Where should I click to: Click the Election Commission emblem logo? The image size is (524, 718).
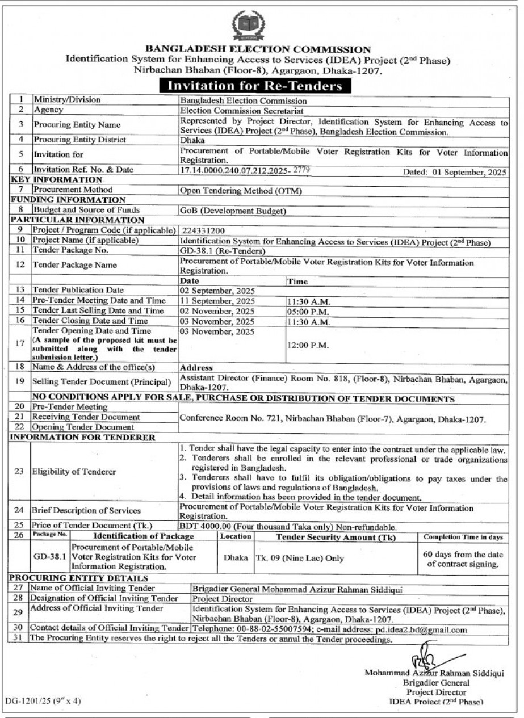tap(248, 26)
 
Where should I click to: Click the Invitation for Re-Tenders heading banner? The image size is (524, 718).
tap(255, 86)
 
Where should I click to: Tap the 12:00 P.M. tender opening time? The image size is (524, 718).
tap(307, 345)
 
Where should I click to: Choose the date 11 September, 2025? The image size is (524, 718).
tap(217, 301)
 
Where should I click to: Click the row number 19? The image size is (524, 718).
tap(20, 381)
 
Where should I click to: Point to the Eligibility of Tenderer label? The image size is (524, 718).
tap(74, 471)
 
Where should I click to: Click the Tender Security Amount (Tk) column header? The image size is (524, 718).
tap(336, 537)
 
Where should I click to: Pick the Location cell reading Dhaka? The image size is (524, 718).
tap(235, 558)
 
